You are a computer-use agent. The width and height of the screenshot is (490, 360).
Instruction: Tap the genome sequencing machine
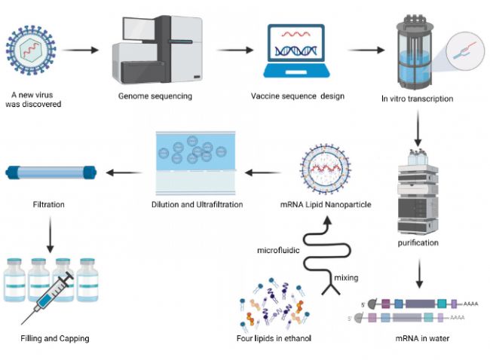click(x=155, y=50)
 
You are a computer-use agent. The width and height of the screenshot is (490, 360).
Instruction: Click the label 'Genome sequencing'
click(x=155, y=96)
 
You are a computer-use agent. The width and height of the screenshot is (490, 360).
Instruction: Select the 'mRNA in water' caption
click(x=422, y=339)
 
